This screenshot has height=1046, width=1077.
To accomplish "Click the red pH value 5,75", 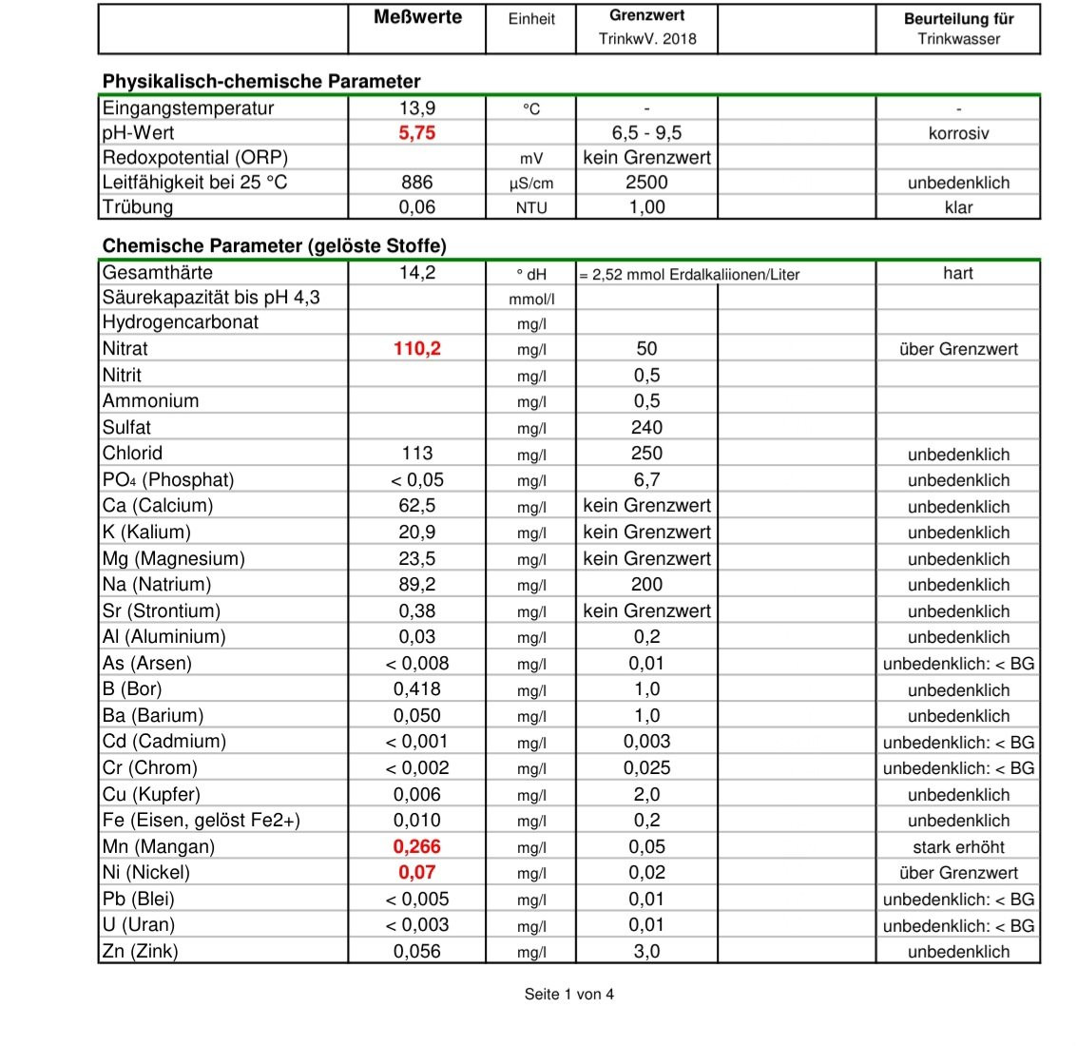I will pyautogui.click(x=416, y=133).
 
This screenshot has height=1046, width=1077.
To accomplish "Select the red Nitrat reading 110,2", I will pyautogui.click(x=416, y=349).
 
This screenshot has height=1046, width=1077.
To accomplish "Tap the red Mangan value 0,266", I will pyautogui.click(x=416, y=846).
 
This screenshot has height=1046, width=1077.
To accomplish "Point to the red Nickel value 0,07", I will pyautogui.click(x=416, y=872).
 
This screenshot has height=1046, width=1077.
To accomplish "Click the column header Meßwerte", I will pyautogui.click(x=417, y=17).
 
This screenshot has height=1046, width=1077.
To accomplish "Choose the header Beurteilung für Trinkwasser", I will pyautogui.click(x=957, y=29).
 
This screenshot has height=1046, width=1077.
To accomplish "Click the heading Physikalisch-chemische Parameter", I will pyautogui.click(x=261, y=82).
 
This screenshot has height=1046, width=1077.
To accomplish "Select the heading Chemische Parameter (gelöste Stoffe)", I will pyautogui.click(x=274, y=246).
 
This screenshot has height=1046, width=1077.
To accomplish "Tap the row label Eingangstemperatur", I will pyautogui.click(x=188, y=108).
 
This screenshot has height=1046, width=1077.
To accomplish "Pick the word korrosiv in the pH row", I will pyautogui.click(x=958, y=134).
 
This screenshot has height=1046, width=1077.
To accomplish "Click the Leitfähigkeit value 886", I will pyautogui.click(x=416, y=183).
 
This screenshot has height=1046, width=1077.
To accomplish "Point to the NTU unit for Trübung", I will pyautogui.click(x=531, y=207).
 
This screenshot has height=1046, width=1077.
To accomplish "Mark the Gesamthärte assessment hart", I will pyautogui.click(x=958, y=273).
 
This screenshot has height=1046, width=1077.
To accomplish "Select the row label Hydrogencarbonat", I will pyautogui.click(x=181, y=322).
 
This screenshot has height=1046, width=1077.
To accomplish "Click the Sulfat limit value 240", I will pyautogui.click(x=646, y=428).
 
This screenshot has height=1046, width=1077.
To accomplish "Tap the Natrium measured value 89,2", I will pyautogui.click(x=416, y=585).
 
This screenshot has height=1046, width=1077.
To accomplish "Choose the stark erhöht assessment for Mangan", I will pyautogui.click(x=958, y=847).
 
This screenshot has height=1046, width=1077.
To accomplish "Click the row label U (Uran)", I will pyautogui.click(x=139, y=925).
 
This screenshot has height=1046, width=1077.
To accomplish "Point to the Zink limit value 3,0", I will pyautogui.click(x=646, y=951).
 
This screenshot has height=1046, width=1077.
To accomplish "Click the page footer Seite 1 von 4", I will pyautogui.click(x=568, y=995).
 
